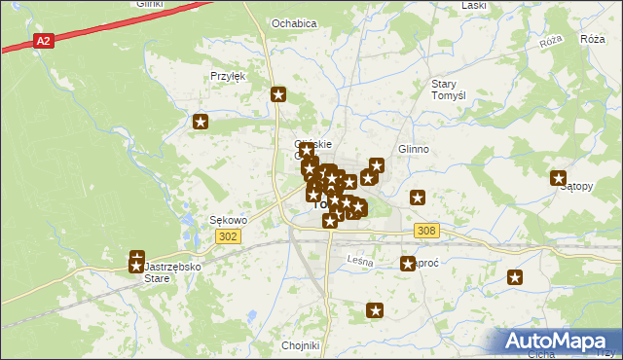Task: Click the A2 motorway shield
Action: click(x=43, y=41)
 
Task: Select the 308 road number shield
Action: click(x=426, y=231)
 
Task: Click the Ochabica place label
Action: click(x=294, y=22)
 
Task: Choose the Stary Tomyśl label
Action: click(x=451, y=90)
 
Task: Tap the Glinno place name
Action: click(x=414, y=149)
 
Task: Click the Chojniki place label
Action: click(x=301, y=345)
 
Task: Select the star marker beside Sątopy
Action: click(x=559, y=178)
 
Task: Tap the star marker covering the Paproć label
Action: click(x=408, y=264)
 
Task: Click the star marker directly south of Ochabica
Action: click(x=278, y=94)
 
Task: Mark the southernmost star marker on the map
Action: click(x=375, y=311)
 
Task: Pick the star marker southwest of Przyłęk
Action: click(x=201, y=123)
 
